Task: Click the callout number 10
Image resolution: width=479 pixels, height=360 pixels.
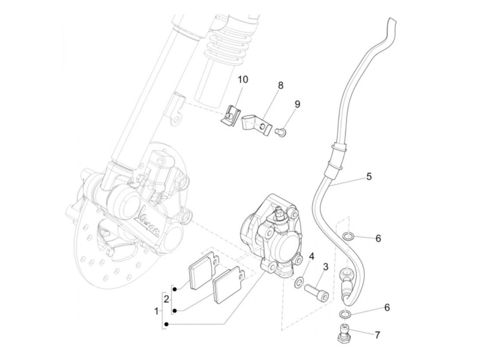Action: (x=243, y=80)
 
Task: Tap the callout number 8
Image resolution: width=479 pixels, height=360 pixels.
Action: (x=281, y=85)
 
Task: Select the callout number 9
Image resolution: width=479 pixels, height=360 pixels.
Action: (x=297, y=104)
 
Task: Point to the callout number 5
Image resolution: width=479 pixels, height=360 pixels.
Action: (x=368, y=177)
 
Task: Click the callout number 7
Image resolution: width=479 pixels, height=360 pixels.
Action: (x=377, y=335)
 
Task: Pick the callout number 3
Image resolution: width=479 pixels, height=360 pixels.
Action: (x=325, y=267)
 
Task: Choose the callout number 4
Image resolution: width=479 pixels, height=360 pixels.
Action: (x=311, y=256)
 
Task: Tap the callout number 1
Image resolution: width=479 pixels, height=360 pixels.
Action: (x=156, y=311)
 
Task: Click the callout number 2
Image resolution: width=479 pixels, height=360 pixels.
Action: (x=166, y=299)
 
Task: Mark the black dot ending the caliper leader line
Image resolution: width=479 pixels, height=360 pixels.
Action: (x=166, y=324)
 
